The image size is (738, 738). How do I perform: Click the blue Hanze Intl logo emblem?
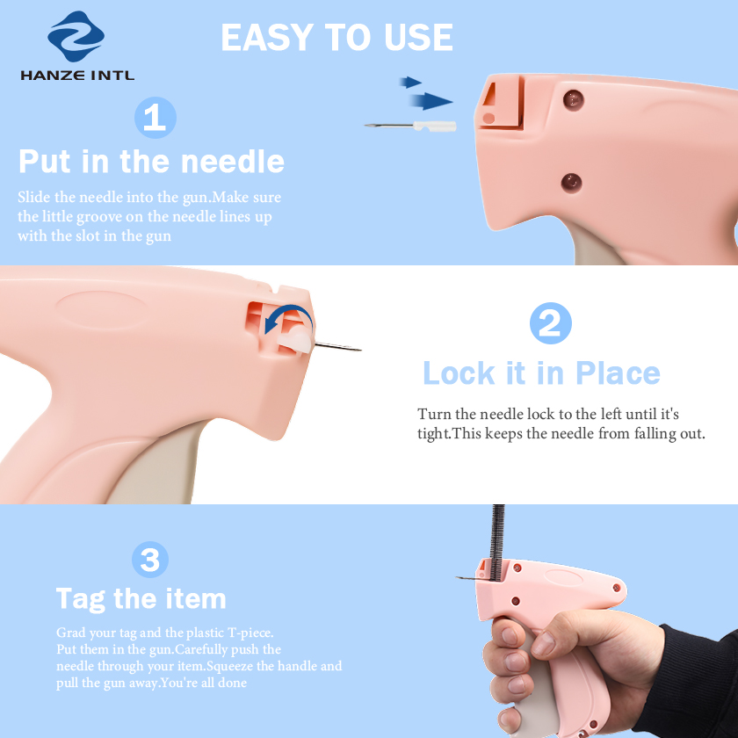pos(76,36)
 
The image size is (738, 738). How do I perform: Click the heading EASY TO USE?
pos(337,37)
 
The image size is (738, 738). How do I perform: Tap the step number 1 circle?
pos(156,118)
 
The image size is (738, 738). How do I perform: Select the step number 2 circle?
pos(551,323)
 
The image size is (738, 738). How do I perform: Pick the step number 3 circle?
pos(150,560)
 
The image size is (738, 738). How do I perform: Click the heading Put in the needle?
pos(151,162)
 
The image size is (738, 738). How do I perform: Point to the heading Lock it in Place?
pos(541,373)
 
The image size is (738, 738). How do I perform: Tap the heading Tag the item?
pos(141,599)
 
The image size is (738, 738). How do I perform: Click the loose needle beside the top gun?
pos(410,126)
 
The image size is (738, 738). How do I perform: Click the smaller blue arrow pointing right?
pos(410,83)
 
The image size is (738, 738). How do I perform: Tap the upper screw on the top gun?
pos(573,100)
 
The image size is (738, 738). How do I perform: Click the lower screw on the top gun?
pos(571,183)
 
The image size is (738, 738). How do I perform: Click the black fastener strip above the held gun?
pos(497,542)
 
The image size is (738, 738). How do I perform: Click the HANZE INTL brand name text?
pos(77,76)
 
